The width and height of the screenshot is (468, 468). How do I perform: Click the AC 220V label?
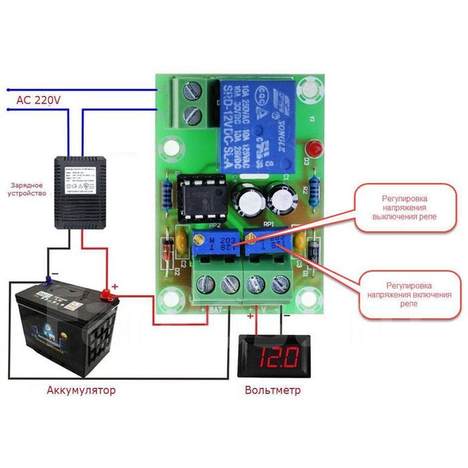39,100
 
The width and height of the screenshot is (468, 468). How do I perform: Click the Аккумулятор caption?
81,389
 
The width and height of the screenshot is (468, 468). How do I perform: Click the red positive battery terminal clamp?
107,294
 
